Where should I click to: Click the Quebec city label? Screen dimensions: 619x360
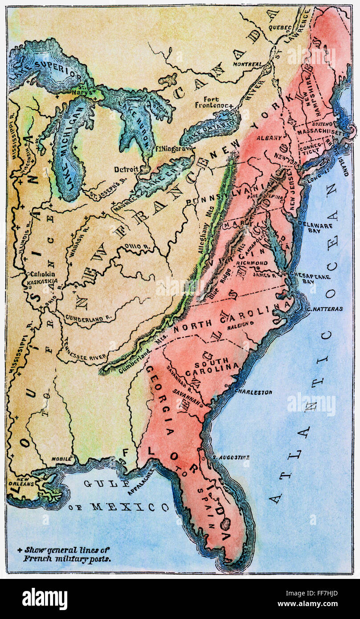279,27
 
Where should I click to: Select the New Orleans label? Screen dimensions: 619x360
22,481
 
